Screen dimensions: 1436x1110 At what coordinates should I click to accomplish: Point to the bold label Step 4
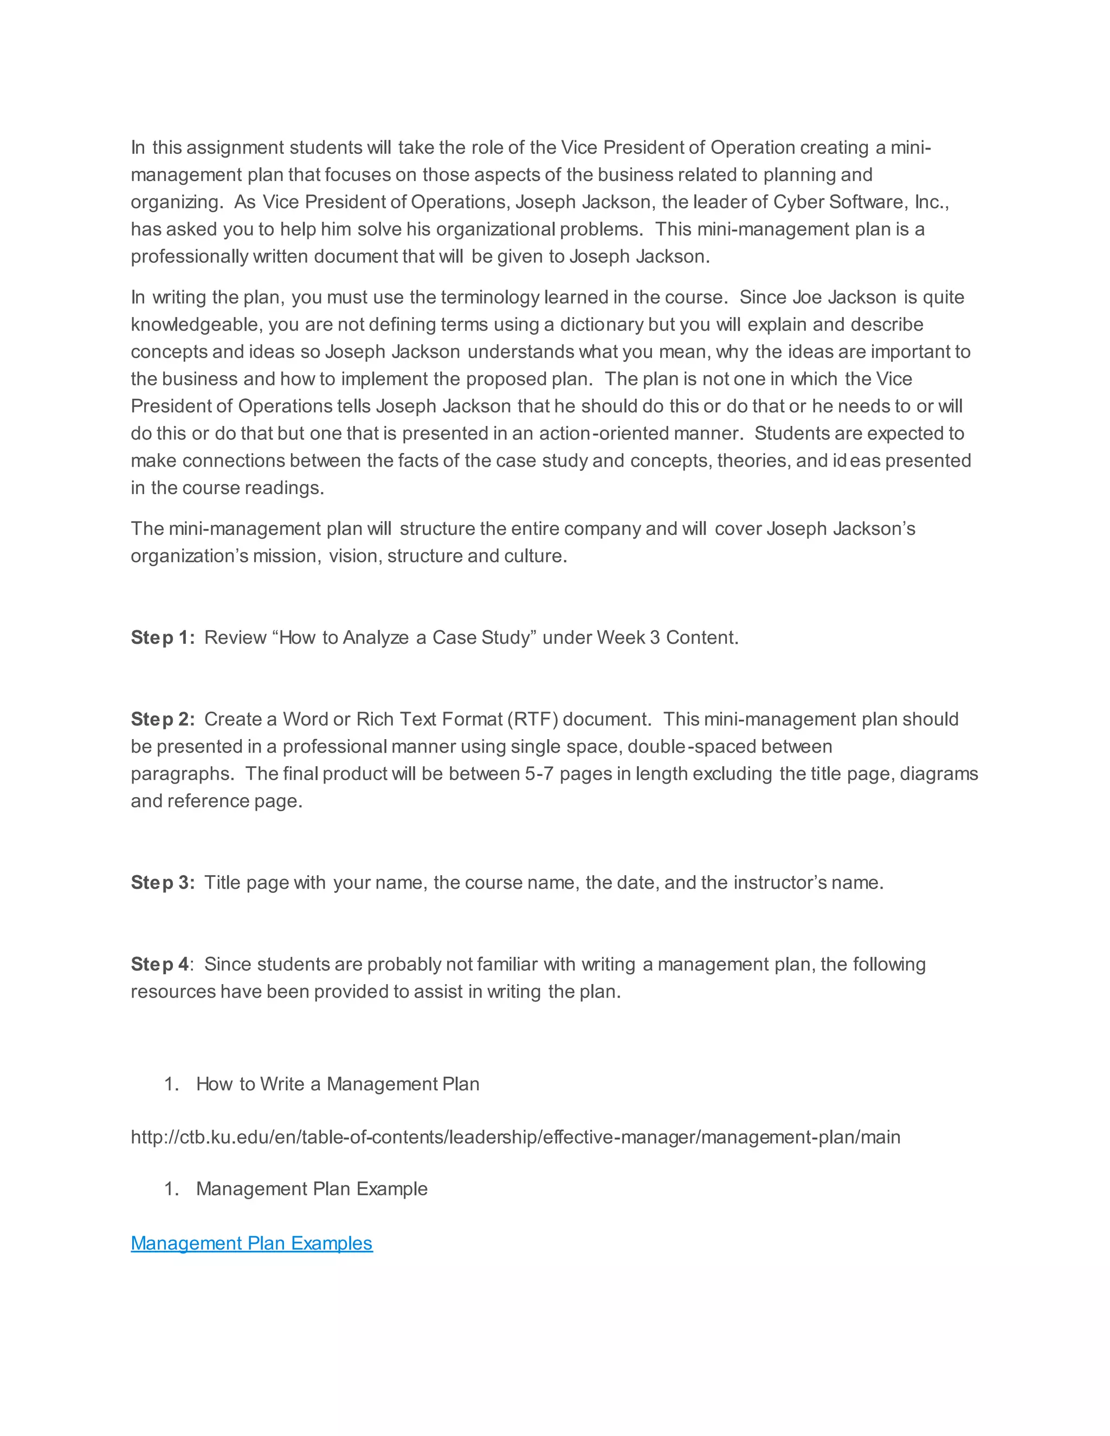160,965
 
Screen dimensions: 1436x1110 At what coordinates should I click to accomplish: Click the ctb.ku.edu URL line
515,1137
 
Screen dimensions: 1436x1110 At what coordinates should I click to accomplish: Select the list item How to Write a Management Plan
337,1084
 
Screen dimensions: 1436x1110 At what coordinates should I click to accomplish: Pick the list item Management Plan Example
312,1189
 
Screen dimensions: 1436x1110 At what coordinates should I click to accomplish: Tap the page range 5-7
539,774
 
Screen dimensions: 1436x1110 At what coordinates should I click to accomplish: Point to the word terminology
489,297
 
